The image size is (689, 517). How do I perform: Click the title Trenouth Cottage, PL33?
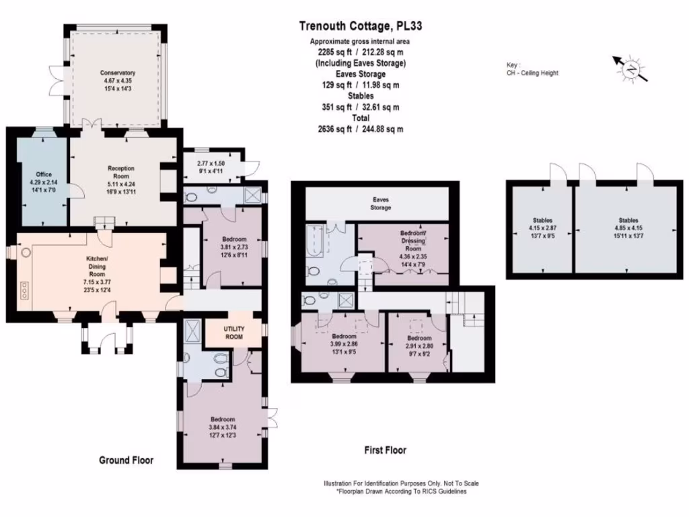pyautogui.click(x=361, y=26)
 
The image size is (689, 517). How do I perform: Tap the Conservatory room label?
pyautogui.click(x=117, y=73)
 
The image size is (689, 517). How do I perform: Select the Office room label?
pyautogui.click(x=44, y=174)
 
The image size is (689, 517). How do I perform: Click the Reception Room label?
pyautogui.click(x=121, y=172)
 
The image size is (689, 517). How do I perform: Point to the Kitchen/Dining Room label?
pyautogui.click(x=97, y=267)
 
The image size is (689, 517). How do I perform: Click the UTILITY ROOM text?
pyautogui.click(x=233, y=333)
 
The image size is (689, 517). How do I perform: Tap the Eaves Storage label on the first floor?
pyautogui.click(x=381, y=203)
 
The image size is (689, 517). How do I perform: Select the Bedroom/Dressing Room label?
pyautogui.click(x=413, y=240)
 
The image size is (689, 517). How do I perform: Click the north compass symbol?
pyautogui.click(x=631, y=69)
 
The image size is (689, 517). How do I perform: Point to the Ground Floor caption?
pyautogui.click(x=126, y=460)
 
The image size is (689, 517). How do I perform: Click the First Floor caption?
pyautogui.click(x=386, y=450)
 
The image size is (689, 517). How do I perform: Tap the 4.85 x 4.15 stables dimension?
pyautogui.click(x=628, y=228)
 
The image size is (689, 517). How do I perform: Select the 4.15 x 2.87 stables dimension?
pyautogui.click(x=543, y=228)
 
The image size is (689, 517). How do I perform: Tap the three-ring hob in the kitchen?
pyautogui.click(x=24, y=291)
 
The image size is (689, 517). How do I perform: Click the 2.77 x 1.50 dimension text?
pyautogui.click(x=211, y=164)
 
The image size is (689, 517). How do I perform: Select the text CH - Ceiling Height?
pyautogui.click(x=532, y=73)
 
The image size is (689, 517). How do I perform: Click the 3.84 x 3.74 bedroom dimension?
pyautogui.click(x=223, y=427)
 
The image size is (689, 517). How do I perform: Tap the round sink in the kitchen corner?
pyautogui.click(x=26, y=253)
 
